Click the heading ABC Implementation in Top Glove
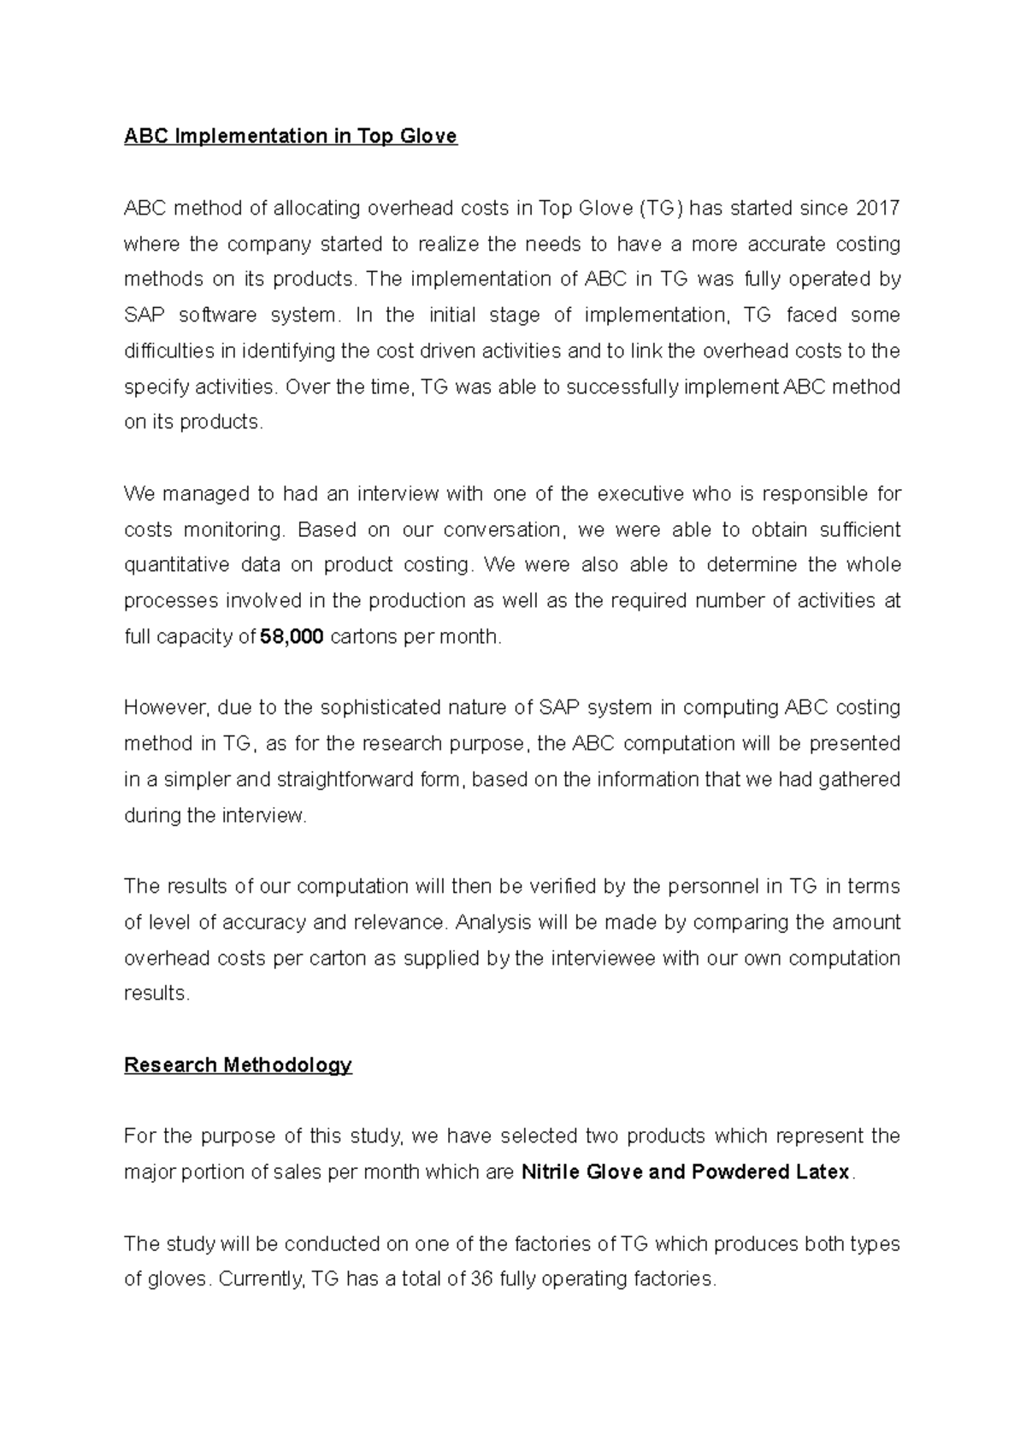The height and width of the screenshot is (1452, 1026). tap(291, 137)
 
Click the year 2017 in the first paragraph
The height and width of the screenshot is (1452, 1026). tap(877, 209)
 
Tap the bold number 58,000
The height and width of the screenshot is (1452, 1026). tap(291, 637)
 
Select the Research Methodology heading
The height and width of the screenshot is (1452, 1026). tap(238, 1065)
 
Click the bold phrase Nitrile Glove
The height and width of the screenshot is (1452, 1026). tap(581, 1172)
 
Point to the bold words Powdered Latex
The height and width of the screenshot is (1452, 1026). tap(770, 1172)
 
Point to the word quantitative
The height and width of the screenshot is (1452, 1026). tap(176, 565)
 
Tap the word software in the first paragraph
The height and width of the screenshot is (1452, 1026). tap(217, 316)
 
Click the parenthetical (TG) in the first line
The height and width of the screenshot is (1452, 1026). tap(661, 209)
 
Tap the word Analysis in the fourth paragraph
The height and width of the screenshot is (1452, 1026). tap(494, 923)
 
